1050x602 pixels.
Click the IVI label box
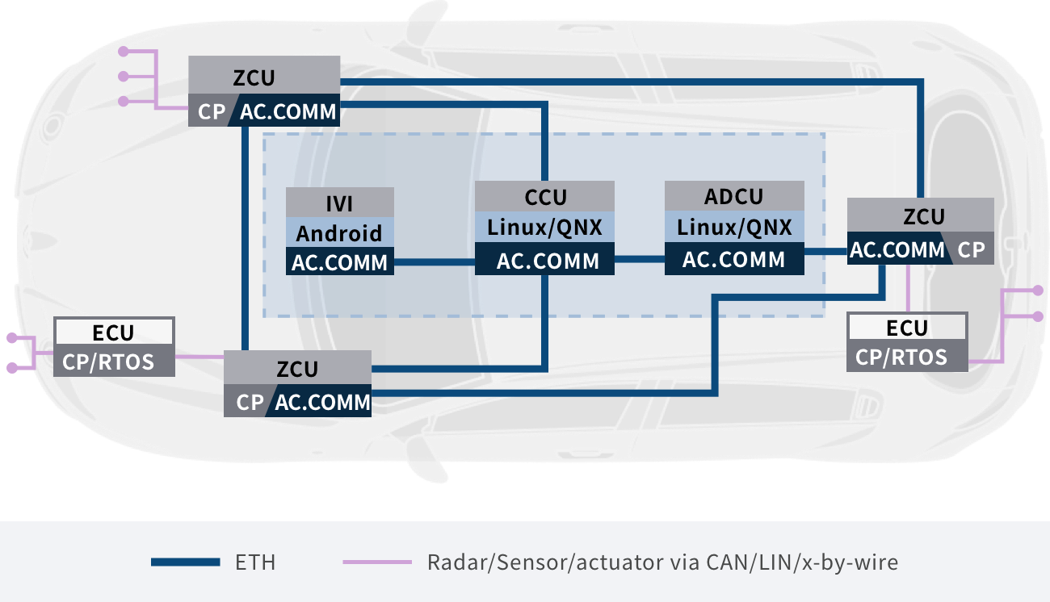[x=340, y=203]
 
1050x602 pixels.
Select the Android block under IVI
[x=340, y=232]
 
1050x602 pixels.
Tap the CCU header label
[x=545, y=196]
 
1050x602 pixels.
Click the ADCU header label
[x=734, y=196]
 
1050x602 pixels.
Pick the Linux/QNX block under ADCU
[x=734, y=227]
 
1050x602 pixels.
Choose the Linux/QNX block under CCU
[x=545, y=227]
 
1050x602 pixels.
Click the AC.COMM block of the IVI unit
[x=340, y=261]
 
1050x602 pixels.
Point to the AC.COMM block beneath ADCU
[x=734, y=259]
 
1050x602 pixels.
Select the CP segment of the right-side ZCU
[x=972, y=250]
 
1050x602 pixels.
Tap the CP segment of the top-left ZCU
[x=209, y=111]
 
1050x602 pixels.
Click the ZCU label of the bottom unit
[x=297, y=369]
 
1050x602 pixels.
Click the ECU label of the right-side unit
[x=907, y=328]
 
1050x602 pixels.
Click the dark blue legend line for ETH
[x=185, y=562]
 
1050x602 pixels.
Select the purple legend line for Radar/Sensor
[x=376, y=562]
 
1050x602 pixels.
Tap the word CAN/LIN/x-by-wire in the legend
[x=807, y=562]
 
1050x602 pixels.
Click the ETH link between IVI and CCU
[x=434, y=261]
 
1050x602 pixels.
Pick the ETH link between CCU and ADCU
[x=639, y=259]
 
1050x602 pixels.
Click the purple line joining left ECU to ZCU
[x=199, y=356]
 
